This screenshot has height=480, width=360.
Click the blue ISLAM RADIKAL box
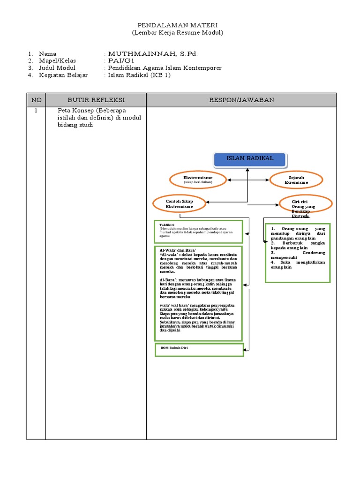250,159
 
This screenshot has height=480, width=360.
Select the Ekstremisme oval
198,180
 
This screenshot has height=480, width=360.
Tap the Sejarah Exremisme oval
296,180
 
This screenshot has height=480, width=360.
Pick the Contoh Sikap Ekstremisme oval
179,203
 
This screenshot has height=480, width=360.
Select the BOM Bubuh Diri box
199,350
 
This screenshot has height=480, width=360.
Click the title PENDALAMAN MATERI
177,24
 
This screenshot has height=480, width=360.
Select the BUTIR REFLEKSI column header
96,100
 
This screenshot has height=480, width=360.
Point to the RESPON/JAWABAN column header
241,100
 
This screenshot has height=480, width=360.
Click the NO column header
36,100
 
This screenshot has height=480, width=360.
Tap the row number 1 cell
36,111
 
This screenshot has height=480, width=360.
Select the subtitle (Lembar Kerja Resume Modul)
177,32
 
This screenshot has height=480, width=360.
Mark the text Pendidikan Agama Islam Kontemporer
165,68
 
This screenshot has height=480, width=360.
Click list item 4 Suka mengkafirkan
297,264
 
